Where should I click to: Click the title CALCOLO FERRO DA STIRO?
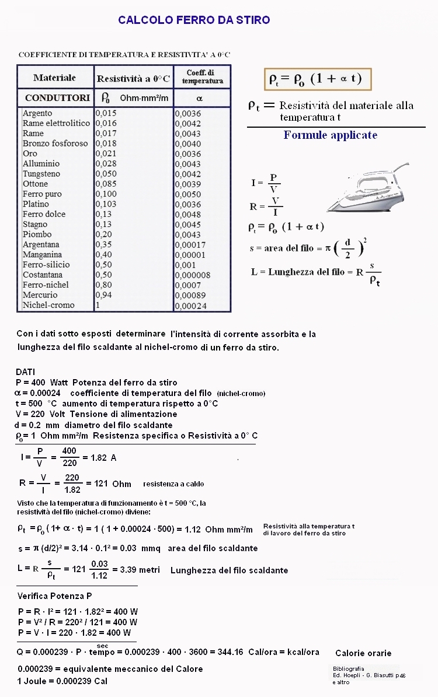coord(194,20)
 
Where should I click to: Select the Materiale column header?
coord(54,78)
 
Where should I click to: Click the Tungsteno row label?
coord(41,174)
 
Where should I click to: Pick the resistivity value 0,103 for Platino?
coord(106,204)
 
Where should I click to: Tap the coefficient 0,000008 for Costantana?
coord(193,275)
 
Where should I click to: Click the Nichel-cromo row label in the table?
coord(48,305)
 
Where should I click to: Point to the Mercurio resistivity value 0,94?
coord(103,295)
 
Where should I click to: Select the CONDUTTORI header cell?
coord(57,97)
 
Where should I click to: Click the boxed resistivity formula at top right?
coord(317,79)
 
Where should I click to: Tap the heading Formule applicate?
coord(331,135)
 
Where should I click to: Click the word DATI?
coord(26,372)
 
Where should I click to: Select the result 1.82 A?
coord(103,458)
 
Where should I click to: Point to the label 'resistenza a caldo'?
coord(173,484)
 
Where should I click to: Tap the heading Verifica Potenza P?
coord(54,596)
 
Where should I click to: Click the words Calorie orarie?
coord(363,653)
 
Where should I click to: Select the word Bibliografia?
coord(348,668)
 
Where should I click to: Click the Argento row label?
coord(37,113)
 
